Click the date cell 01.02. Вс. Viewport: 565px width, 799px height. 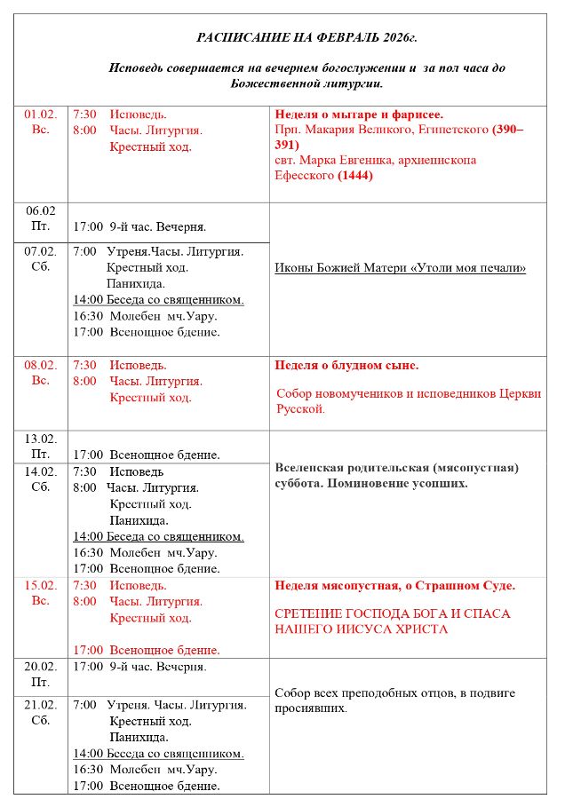point(41,123)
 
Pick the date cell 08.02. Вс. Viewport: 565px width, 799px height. point(41,373)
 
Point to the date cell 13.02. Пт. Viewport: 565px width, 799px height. point(41,447)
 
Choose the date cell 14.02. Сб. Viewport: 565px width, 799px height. point(41,479)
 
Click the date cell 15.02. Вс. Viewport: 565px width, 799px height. point(41,594)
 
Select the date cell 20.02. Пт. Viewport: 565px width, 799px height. point(41,675)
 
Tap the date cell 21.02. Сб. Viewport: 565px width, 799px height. point(41,713)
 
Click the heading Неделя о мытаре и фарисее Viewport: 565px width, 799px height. point(359,115)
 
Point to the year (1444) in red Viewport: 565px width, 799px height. point(355,176)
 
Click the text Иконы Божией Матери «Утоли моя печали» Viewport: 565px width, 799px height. point(401,268)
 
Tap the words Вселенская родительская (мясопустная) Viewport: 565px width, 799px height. point(397,468)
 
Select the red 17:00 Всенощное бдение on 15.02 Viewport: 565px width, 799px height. point(147,650)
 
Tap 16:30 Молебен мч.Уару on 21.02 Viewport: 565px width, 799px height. point(145,770)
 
